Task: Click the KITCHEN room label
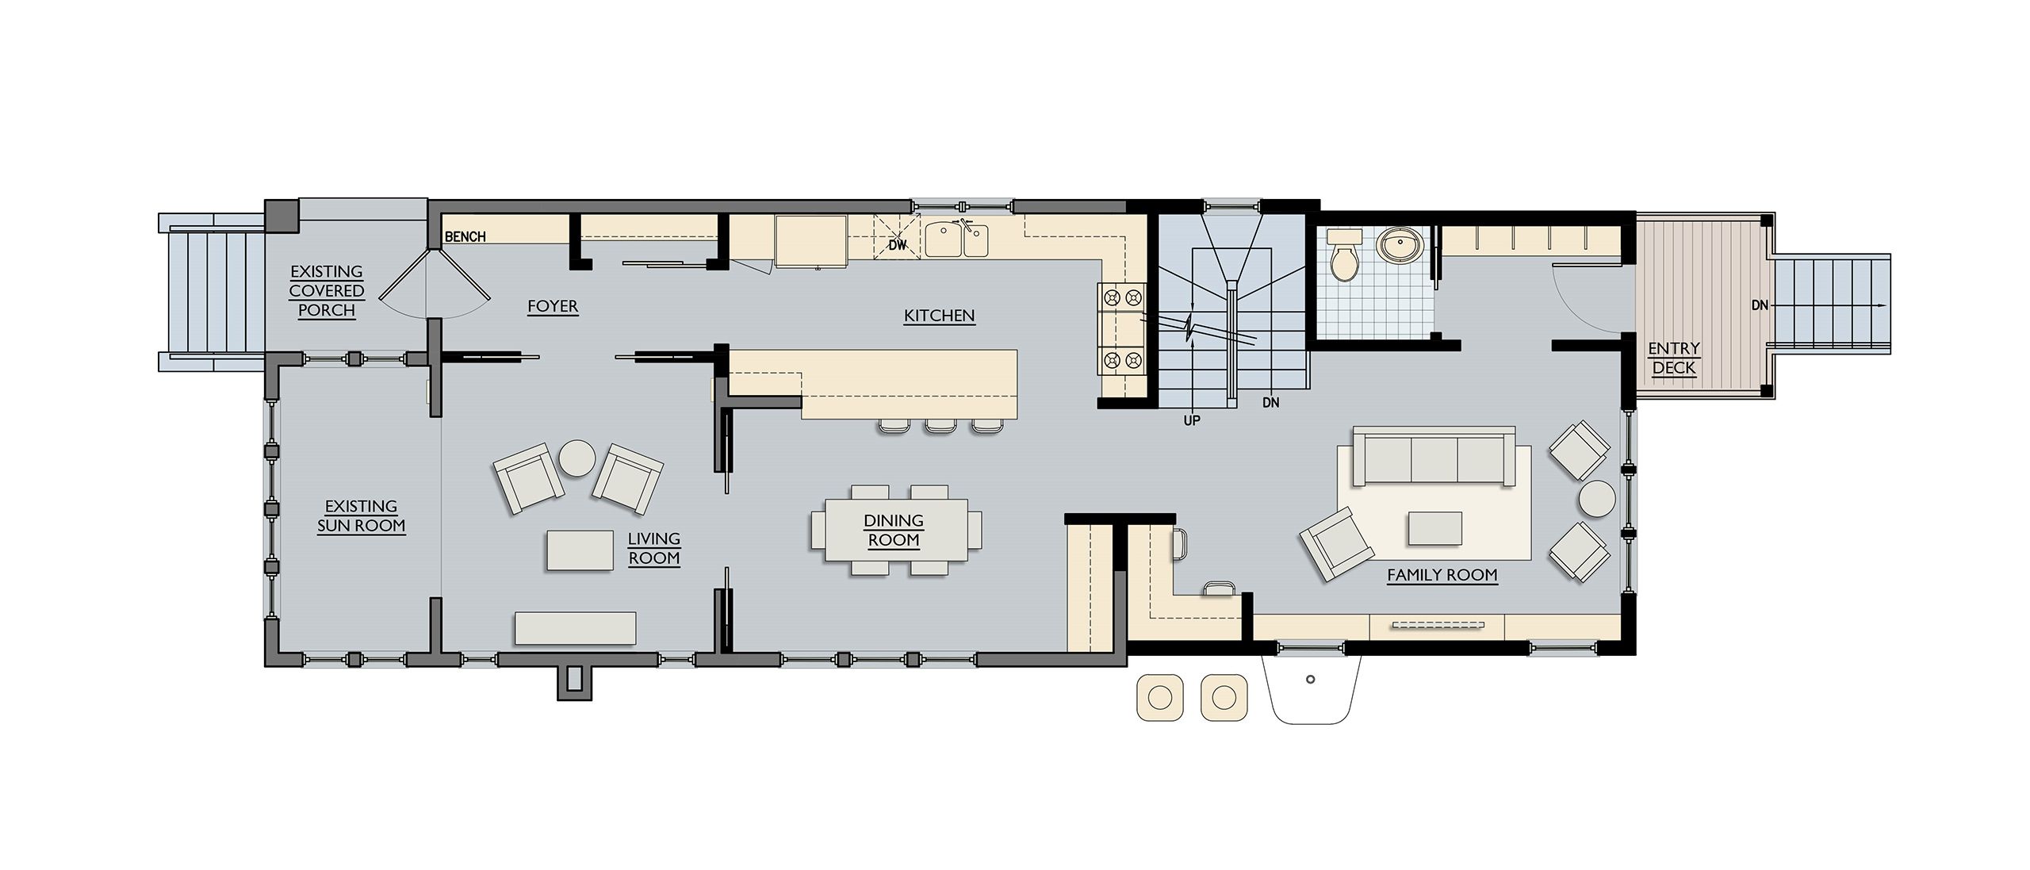939,316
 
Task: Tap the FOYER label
553,307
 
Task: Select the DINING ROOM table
896,529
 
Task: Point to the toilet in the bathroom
1344,254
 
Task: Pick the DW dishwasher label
897,246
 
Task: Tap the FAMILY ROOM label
1442,576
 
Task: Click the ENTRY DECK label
1674,358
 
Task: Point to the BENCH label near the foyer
465,237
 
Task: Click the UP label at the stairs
1192,421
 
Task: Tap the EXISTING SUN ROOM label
362,516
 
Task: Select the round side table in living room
578,458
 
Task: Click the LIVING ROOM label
654,549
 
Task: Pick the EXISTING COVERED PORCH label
327,291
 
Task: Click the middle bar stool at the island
940,426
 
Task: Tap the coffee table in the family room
1435,528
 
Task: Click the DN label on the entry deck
1760,305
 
